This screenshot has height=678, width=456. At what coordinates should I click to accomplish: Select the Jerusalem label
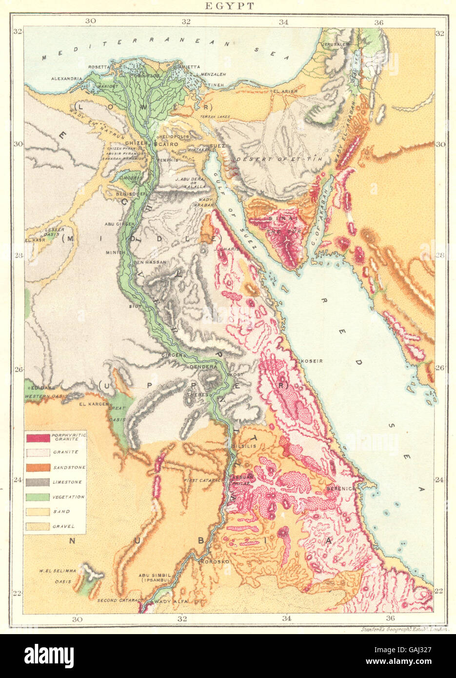tap(336, 44)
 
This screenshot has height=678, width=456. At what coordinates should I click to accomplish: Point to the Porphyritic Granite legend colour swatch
tap(39, 438)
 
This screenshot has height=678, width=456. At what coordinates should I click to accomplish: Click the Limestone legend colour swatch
tap(39, 482)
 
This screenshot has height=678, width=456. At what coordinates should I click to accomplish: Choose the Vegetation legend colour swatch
tap(39, 497)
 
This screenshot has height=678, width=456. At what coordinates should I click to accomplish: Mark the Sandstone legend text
tap(69, 467)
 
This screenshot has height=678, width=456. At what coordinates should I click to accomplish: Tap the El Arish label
tap(282, 91)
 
